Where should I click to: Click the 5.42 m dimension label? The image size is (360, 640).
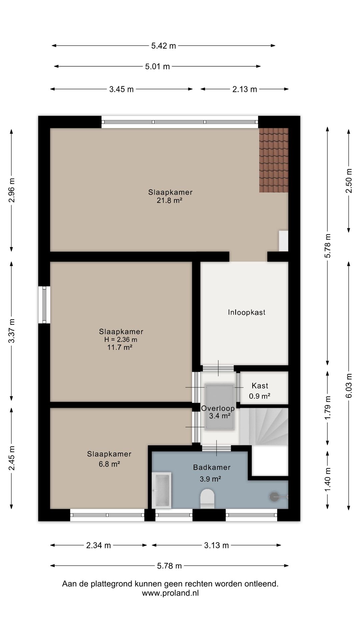click(163, 46)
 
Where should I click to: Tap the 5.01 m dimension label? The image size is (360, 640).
click(157, 66)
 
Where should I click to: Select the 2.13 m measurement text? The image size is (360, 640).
click(245, 89)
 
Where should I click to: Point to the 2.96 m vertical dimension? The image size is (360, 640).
click(12, 190)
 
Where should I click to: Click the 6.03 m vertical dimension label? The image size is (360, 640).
click(349, 385)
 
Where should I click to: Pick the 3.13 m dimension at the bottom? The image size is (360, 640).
click(216, 545)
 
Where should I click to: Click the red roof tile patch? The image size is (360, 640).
click(274, 160)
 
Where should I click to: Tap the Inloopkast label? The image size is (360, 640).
click(247, 312)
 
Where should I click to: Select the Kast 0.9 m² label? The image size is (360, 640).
click(260, 391)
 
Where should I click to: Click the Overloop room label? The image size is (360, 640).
click(218, 408)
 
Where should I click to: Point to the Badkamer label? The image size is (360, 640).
click(212, 467)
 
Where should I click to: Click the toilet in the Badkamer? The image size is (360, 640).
click(207, 499)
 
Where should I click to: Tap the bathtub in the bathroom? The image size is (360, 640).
click(162, 490)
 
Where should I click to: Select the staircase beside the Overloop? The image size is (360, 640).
click(264, 426)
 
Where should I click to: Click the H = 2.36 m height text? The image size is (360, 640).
click(121, 340)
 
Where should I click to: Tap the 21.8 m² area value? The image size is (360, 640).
click(169, 200)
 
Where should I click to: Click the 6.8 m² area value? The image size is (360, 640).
click(109, 464)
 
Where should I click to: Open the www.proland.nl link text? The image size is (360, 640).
click(170, 593)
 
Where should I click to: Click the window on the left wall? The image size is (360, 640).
click(44, 305)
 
